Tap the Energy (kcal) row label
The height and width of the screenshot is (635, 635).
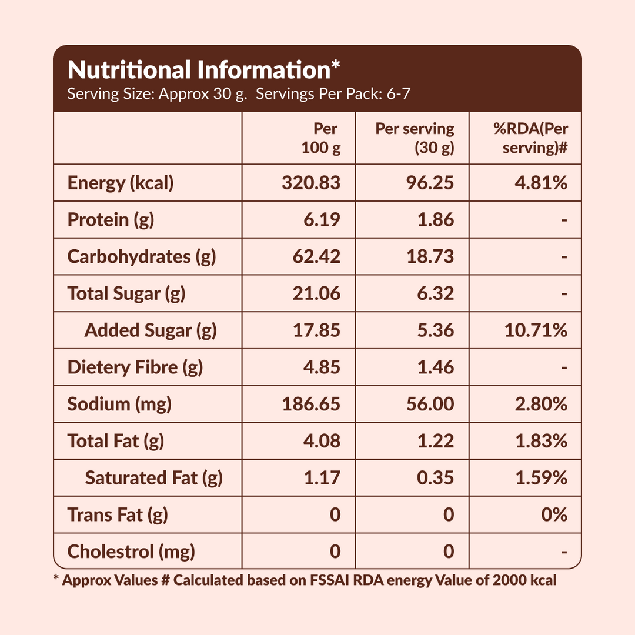(x=121, y=183)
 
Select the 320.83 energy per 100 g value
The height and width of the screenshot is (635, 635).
(x=310, y=183)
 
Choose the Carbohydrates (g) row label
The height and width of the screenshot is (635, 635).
(x=142, y=257)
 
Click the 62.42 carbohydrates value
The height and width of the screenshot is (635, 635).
(x=316, y=257)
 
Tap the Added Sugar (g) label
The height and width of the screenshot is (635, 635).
(x=151, y=330)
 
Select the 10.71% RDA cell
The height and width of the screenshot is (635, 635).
(x=536, y=330)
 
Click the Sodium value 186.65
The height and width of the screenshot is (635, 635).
(x=310, y=405)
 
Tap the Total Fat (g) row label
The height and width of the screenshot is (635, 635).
(x=116, y=441)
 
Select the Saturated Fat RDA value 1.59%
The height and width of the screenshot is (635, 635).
(x=541, y=478)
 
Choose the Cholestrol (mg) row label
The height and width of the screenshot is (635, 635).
(x=131, y=552)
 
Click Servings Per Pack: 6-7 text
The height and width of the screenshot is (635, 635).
(x=333, y=94)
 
